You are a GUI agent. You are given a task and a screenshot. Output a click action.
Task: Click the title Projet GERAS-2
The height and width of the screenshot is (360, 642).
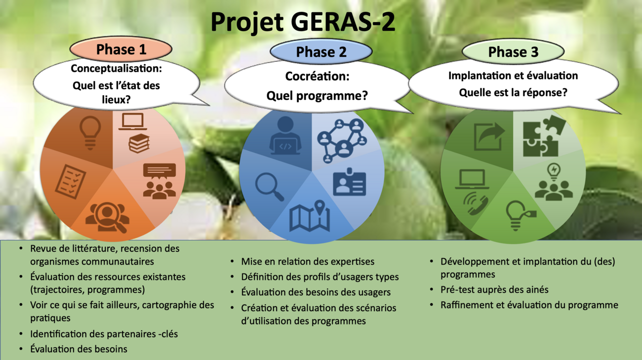point(303,22)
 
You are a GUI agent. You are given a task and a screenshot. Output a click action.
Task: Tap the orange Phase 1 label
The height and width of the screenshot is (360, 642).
point(121,49)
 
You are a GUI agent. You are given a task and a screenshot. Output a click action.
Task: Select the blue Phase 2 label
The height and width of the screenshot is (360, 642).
point(321,52)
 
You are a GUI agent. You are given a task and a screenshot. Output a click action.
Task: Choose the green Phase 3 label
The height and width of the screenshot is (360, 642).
point(513,52)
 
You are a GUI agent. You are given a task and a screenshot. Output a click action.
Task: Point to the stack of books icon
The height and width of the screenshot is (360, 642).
point(139,143)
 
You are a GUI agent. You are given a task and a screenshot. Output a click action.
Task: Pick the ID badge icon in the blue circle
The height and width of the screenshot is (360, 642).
point(350,184)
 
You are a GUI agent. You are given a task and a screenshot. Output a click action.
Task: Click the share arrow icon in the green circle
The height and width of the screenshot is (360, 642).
point(489,136)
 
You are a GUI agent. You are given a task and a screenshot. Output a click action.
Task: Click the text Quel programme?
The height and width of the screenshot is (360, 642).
point(317,95)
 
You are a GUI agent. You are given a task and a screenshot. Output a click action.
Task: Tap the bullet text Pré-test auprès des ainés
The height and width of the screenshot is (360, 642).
point(494,290)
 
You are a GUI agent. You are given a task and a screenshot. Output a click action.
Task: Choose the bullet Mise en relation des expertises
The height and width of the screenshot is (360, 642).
point(308,262)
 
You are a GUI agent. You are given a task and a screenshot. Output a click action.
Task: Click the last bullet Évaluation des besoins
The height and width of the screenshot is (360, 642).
point(79,349)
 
